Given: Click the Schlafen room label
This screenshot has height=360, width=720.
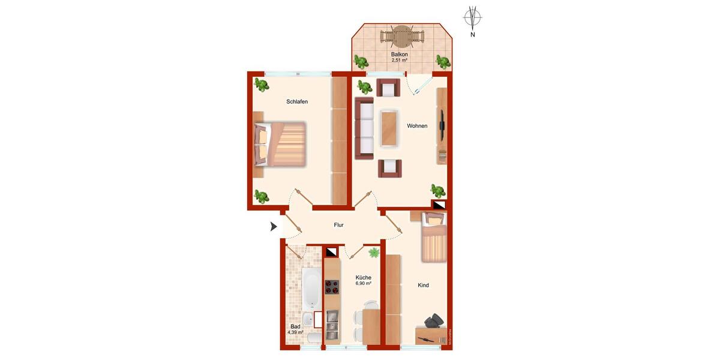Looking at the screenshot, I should (x=297, y=102).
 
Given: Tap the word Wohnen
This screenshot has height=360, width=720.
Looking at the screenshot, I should (x=417, y=126).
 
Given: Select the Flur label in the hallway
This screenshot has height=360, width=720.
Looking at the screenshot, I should (x=339, y=226).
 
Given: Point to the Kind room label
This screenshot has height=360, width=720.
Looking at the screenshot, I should (x=423, y=286).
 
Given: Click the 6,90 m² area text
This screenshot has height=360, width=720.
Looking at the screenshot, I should (x=363, y=283).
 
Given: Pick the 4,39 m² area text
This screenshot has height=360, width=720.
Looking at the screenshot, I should (x=295, y=332).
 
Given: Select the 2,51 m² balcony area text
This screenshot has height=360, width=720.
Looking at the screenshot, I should (x=400, y=61).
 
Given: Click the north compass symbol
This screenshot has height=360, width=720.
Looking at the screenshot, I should (x=473, y=17).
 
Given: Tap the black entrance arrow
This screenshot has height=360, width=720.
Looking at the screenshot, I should (x=274, y=226).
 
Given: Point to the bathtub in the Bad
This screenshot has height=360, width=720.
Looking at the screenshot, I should (x=311, y=288).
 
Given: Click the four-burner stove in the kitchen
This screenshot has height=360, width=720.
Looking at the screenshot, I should (x=332, y=287).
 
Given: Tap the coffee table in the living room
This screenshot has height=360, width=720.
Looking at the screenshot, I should (x=389, y=127).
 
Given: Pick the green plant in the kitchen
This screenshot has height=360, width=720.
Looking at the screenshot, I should (x=374, y=254).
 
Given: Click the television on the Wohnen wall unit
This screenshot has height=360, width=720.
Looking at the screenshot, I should (x=442, y=122).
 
